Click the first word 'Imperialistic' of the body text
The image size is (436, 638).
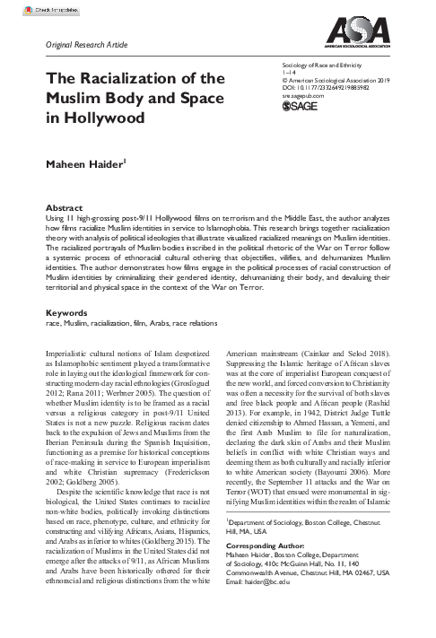pos(68,354)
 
